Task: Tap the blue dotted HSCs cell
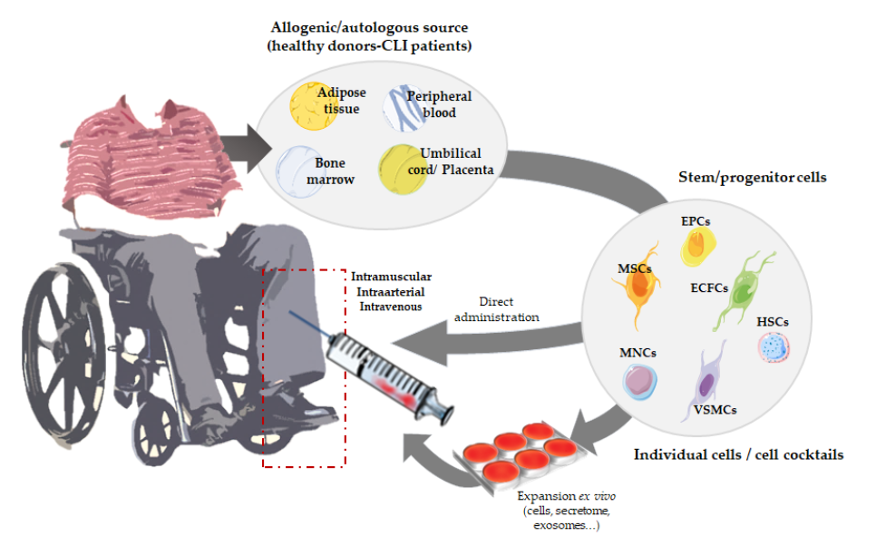pyautogui.click(x=774, y=346)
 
